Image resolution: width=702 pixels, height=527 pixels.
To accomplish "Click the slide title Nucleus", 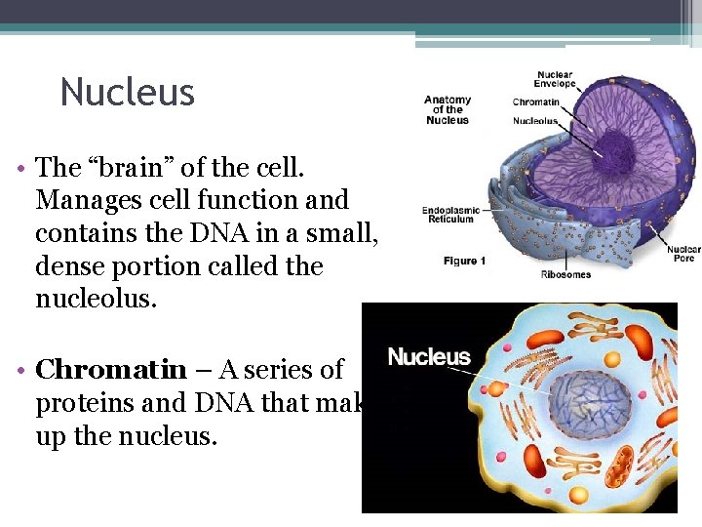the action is (128, 93).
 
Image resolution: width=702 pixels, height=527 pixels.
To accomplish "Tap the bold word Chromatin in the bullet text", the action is (110, 370).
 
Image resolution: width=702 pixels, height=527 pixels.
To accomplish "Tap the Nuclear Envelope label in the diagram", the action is (555, 79).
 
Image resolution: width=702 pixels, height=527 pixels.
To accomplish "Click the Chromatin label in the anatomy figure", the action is (535, 102).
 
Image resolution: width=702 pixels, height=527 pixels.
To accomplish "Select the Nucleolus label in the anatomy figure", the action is (535, 121).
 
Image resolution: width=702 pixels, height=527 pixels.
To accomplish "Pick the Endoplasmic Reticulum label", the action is (448, 215).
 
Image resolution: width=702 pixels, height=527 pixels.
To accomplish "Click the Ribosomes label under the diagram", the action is (565, 274).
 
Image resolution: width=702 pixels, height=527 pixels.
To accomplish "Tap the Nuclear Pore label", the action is (683, 255).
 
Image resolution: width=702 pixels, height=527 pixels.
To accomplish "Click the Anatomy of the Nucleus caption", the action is (448, 109).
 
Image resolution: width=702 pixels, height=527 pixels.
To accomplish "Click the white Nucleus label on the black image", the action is (429, 357).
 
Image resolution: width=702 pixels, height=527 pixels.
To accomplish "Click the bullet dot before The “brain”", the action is (19, 169).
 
